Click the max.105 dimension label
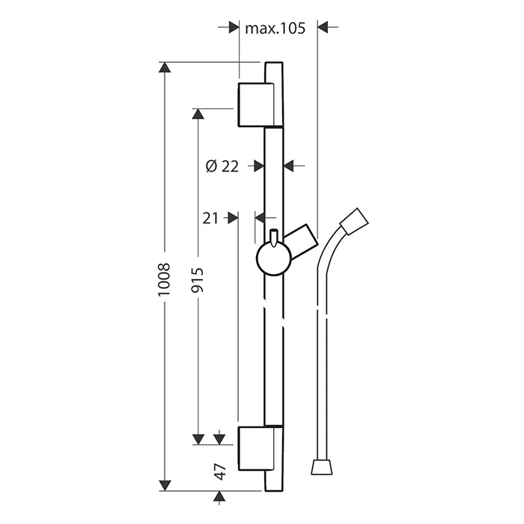pyautogui.click(x=275, y=28)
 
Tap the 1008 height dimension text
pyautogui.click(x=164, y=279)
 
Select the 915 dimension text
pyautogui.click(x=197, y=280)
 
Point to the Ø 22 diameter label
pyautogui.click(x=222, y=166)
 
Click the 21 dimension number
pyautogui.click(x=210, y=219)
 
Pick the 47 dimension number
pyautogui.click(x=220, y=472)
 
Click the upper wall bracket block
pyautogui.click(x=256, y=105)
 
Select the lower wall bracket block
pyautogui.click(x=256, y=448)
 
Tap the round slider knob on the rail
pyautogui.click(x=274, y=258)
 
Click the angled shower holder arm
pyautogui.click(x=301, y=241)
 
